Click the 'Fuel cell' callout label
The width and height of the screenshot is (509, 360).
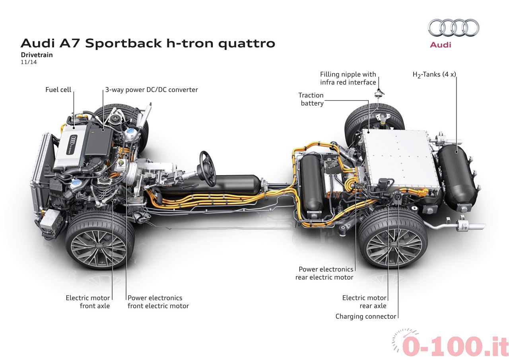click(58, 90)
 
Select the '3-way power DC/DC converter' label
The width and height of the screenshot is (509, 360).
click(152, 90)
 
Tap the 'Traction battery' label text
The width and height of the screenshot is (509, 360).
click(311, 99)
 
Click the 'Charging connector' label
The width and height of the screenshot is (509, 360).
click(366, 317)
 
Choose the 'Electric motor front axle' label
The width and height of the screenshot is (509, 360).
click(87, 302)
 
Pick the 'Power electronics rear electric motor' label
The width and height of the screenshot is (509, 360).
click(324, 273)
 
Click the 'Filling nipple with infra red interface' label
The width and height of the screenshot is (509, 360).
click(348, 78)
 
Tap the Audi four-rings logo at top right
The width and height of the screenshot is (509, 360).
click(453, 28)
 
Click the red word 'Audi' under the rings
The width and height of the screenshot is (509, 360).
click(441, 45)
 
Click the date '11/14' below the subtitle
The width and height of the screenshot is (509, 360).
click(27, 62)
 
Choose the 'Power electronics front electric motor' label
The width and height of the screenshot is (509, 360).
click(158, 302)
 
